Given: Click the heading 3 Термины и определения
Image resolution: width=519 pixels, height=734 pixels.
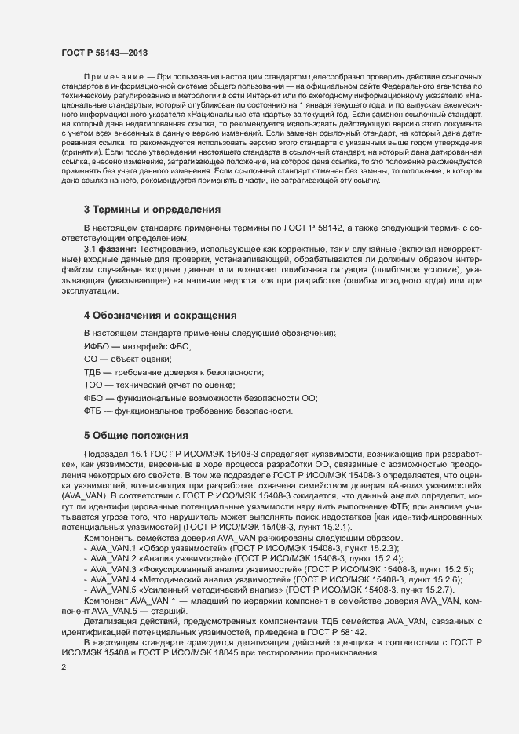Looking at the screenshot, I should click(152, 210).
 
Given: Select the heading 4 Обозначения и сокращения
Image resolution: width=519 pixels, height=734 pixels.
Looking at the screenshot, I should click(160, 315).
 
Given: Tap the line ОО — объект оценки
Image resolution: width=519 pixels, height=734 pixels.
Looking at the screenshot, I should click(126, 359).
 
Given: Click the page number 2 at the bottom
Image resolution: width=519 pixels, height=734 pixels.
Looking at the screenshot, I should click(64, 668).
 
